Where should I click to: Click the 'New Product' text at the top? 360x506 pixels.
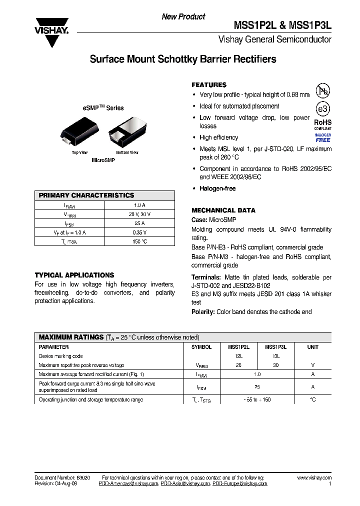[183, 16]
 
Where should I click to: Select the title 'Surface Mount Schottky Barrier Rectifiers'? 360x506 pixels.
[182, 59]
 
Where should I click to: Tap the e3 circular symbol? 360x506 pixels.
[322, 109]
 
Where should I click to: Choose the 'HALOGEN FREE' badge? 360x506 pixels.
[322, 137]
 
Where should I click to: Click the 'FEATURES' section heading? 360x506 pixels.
[209, 85]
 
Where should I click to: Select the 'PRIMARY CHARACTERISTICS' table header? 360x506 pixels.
[86, 195]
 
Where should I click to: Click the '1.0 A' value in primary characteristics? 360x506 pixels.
[139, 205]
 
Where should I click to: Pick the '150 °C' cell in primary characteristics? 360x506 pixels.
[139, 241]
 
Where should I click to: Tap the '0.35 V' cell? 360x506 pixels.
[139, 232]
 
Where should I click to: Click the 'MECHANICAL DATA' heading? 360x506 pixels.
[223, 210]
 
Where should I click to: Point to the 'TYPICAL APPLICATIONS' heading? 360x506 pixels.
[74, 275]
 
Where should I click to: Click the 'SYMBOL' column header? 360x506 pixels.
[201, 347]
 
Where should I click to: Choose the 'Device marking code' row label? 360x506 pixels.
[60, 356]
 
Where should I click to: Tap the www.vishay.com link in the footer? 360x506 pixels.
[314, 478]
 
